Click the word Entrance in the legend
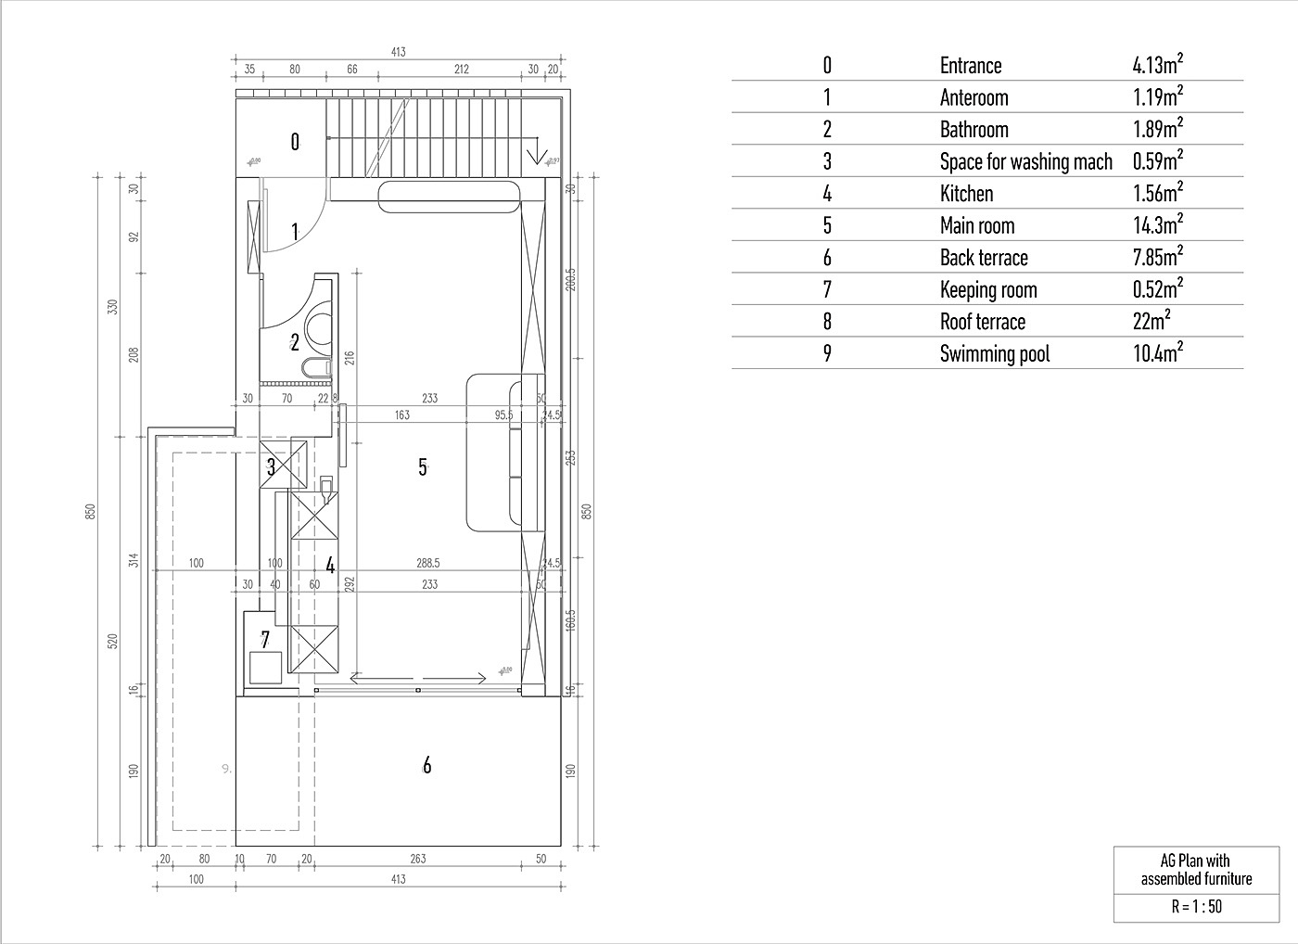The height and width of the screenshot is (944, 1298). click(x=971, y=66)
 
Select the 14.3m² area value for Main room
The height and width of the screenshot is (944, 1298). click(x=1157, y=225)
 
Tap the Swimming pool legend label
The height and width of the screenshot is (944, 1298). click(x=994, y=354)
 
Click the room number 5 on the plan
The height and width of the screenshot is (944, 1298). click(x=423, y=467)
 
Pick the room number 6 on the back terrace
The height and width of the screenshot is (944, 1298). click(x=426, y=766)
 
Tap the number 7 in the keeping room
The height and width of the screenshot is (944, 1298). click(x=265, y=640)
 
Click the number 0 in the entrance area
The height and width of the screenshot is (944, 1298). click(x=295, y=142)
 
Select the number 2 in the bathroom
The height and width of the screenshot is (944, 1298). click(x=295, y=343)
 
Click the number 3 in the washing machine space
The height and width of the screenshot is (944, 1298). click(x=271, y=467)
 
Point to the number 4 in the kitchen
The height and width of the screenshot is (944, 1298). click(x=329, y=566)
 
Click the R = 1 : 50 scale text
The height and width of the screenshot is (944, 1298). click(x=1196, y=907)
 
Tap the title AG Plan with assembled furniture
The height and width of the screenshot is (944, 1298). click(x=1196, y=870)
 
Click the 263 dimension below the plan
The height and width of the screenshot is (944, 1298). click(x=418, y=859)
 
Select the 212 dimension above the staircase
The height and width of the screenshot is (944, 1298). click(x=462, y=69)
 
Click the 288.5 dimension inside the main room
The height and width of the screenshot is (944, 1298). click(x=428, y=563)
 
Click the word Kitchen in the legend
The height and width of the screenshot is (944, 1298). click(x=966, y=194)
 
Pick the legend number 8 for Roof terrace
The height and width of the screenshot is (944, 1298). click(x=827, y=322)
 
